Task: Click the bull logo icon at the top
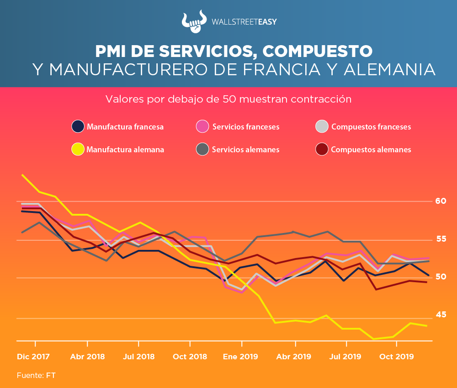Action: pos(192,21)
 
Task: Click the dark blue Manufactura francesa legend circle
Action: pos(78,126)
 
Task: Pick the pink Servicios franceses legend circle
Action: pos(203,126)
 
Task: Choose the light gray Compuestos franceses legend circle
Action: pos(322,126)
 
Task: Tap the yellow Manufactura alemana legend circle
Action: pos(78,149)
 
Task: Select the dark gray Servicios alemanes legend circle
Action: pos(203,149)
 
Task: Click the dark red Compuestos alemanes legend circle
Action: pos(322,149)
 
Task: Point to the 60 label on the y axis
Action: pos(441,201)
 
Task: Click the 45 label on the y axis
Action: pos(441,315)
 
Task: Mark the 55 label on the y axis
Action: pos(441,239)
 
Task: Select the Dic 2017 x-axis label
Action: pos(33,357)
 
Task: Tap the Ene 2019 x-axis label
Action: pos(240,357)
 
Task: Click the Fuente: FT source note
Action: pos(36,375)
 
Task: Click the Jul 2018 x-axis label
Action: pos(139,357)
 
